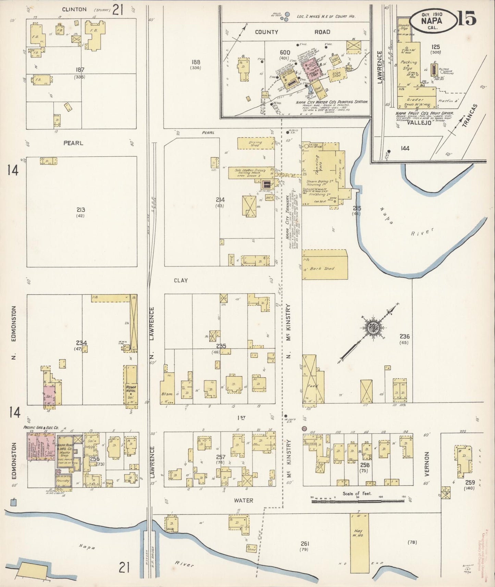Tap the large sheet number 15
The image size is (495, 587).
(x=467, y=18)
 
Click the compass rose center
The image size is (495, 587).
(x=371, y=328)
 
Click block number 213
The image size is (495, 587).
(x=81, y=210)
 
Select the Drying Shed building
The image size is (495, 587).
(x=256, y=143)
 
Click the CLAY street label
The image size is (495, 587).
(x=181, y=280)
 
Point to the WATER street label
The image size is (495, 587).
(x=243, y=500)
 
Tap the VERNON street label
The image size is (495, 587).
(x=427, y=464)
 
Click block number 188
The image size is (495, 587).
(x=196, y=62)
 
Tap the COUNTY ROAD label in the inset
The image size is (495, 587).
(x=293, y=32)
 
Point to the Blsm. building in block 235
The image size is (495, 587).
(x=167, y=394)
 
